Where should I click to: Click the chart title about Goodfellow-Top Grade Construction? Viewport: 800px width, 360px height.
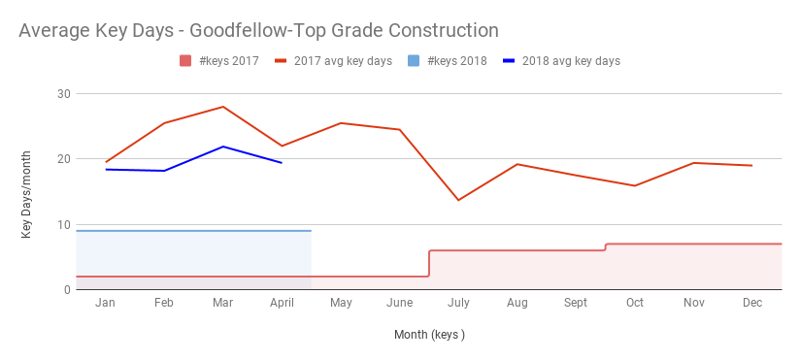258,31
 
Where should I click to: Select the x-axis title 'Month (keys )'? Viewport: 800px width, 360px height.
429,335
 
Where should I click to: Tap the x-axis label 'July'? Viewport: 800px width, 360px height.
458,304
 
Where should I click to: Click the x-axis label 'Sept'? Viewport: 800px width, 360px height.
576,304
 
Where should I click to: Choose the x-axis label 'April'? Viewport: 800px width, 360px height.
282,304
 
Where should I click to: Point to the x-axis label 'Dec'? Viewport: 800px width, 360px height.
752,304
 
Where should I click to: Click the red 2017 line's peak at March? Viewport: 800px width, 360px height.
223,107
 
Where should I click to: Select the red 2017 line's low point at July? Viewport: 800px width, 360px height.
458,200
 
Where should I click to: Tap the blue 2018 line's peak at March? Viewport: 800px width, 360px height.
223,147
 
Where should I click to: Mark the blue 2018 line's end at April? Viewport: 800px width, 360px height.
282,163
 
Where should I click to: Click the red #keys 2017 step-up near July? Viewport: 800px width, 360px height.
429,264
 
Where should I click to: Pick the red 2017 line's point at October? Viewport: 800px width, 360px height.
635,185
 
